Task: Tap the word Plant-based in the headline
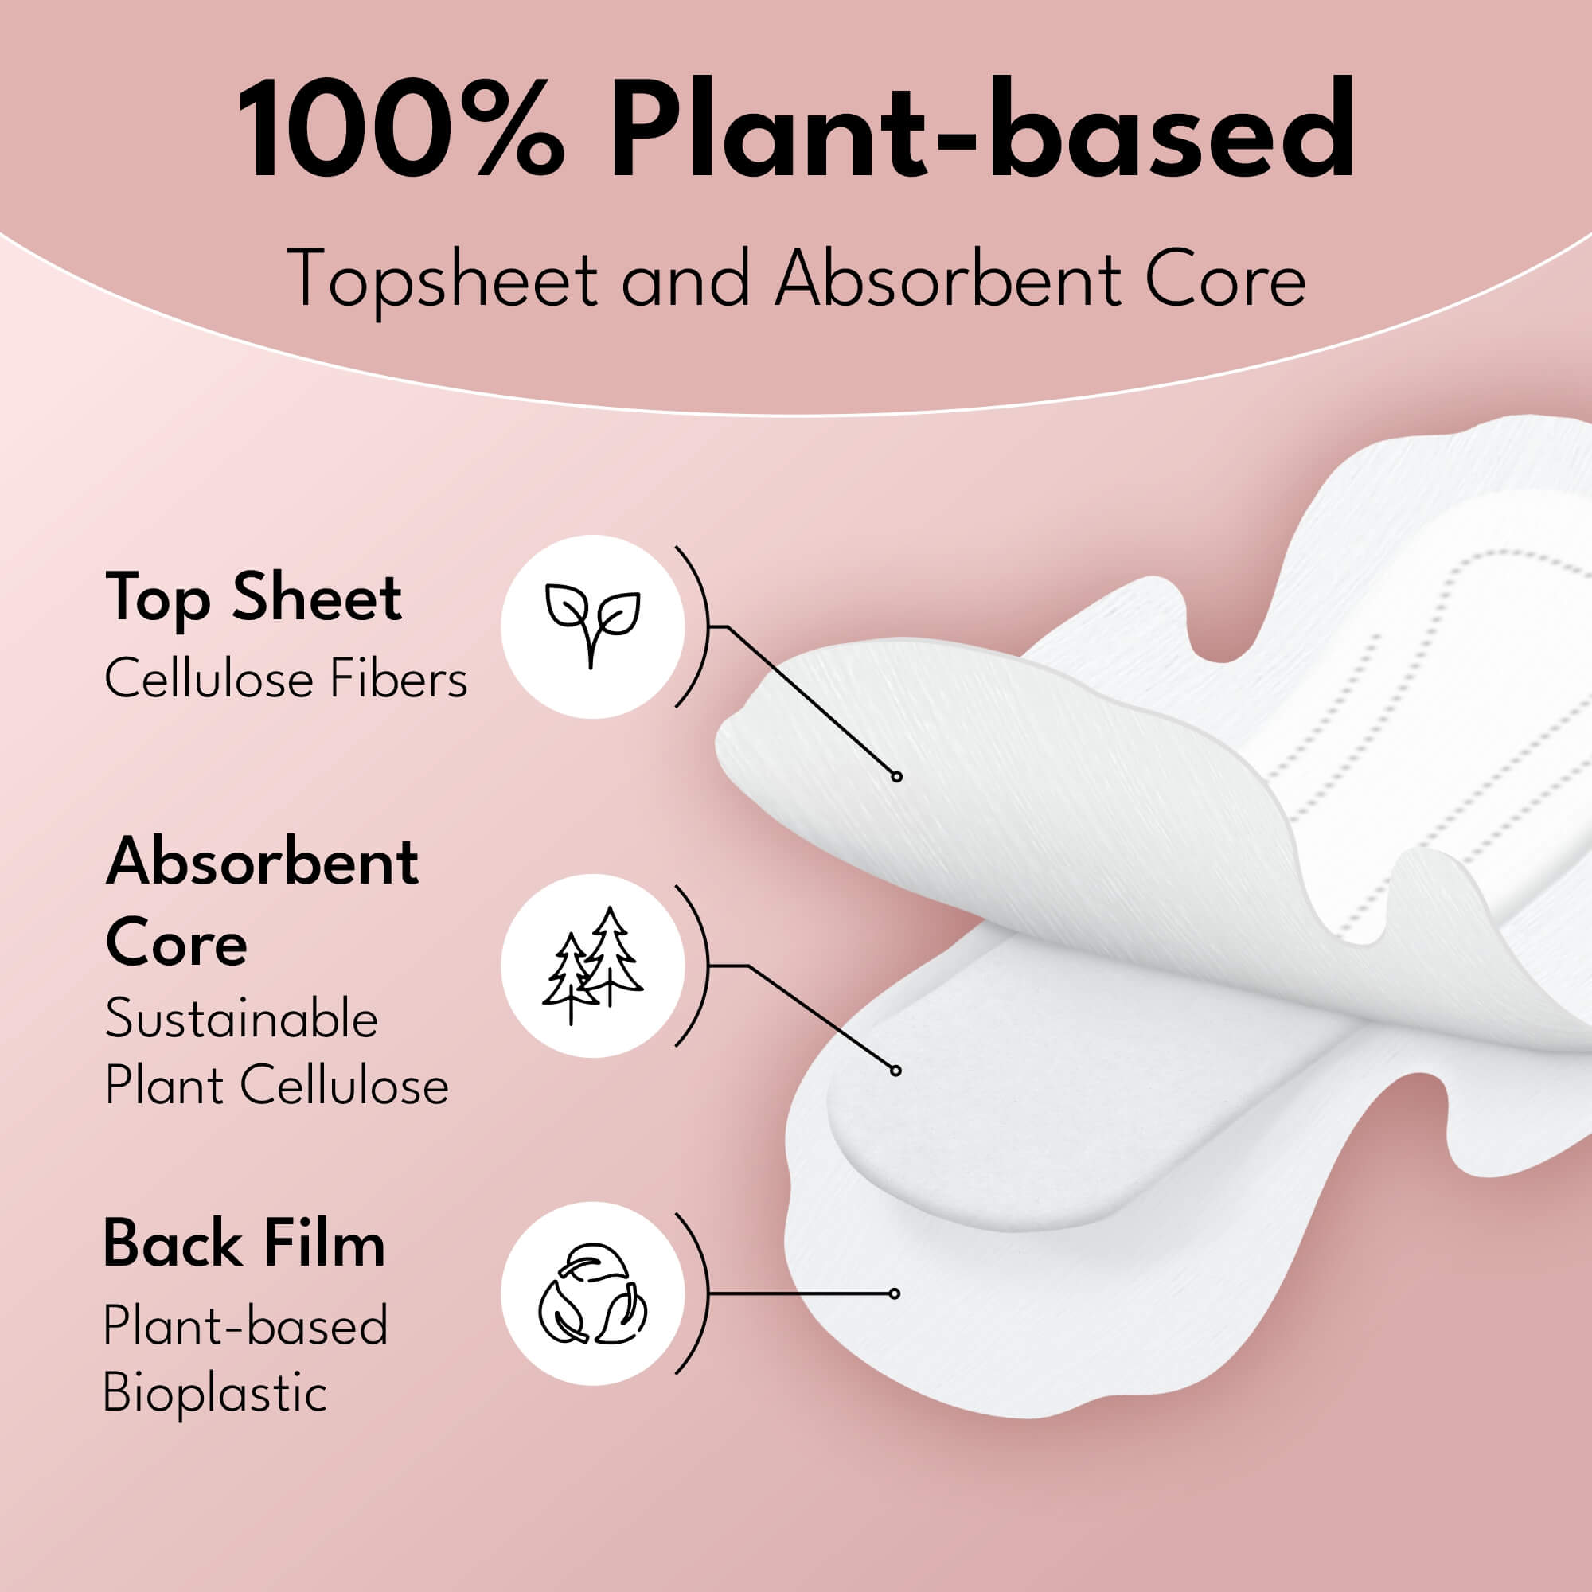[x=981, y=131]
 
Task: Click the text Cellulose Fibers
[x=286, y=680]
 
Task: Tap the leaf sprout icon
[x=592, y=626]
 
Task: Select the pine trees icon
[x=592, y=965]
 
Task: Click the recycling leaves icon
[x=592, y=1294]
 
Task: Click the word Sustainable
[x=241, y=1019]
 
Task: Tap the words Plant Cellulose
[x=277, y=1084]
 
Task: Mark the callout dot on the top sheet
[x=896, y=776]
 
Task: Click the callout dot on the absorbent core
[x=895, y=1071]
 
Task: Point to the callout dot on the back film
[x=895, y=1293]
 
